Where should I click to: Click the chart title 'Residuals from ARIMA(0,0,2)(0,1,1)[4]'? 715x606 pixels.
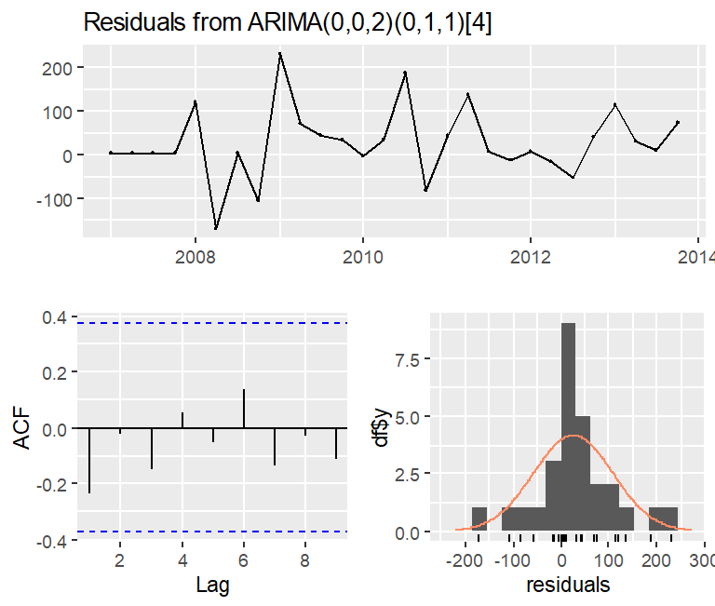click(x=288, y=24)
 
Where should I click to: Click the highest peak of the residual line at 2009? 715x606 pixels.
click(x=279, y=54)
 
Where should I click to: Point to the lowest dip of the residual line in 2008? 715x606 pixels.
click(x=216, y=228)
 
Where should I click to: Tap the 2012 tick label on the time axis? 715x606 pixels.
click(x=530, y=255)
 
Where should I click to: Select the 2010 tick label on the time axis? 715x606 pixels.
click(x=362, y=255)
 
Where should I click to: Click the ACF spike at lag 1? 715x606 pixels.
click(x=89, y=461)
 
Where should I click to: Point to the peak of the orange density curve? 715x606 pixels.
click(x=573, y=436)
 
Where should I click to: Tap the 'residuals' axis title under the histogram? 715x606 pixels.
click(x=569, y=586)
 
